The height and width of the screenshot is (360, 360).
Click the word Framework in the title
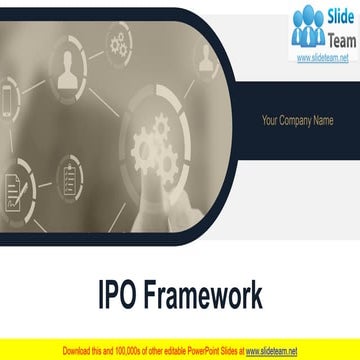tap(206, 296)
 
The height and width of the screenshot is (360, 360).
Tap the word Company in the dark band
tap(297, 122)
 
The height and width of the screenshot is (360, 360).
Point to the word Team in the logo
tap(341, 38)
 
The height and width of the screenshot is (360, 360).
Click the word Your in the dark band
tap(270, 122)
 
